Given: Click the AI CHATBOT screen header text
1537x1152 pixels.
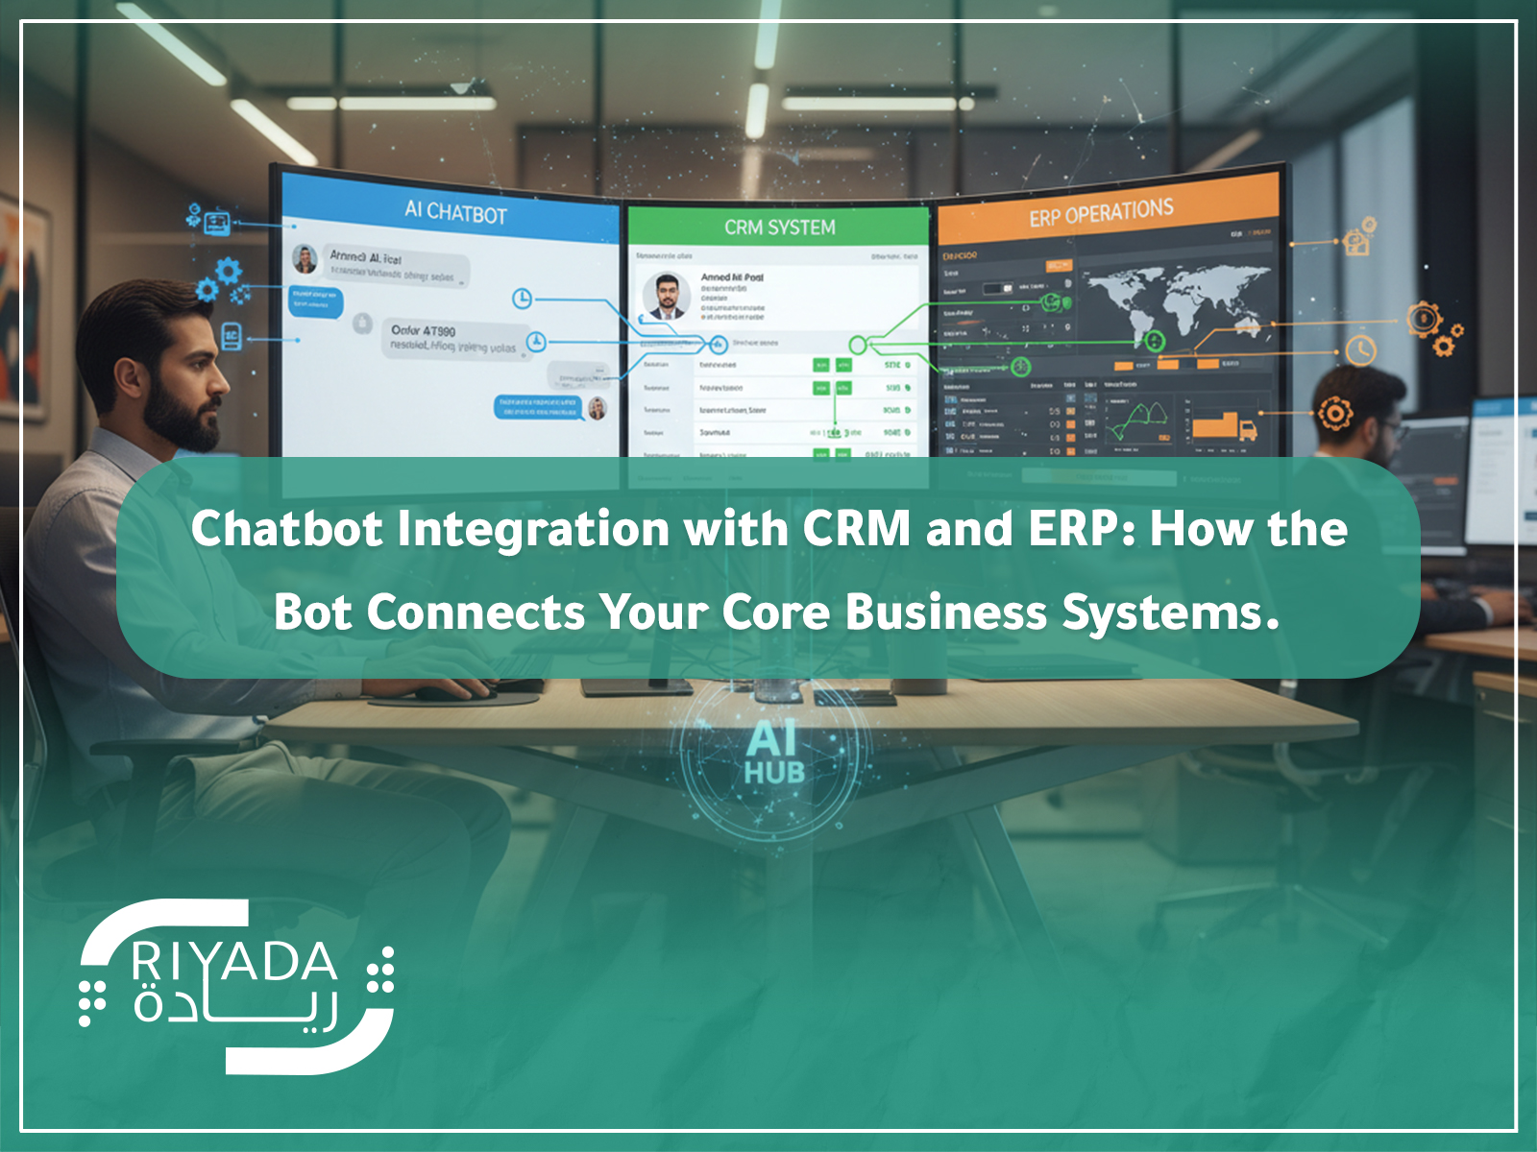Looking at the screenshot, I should [x=454, y=212].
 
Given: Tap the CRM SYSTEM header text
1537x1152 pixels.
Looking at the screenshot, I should [x=779, y=228].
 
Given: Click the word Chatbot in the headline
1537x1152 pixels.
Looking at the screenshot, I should [x=285, y=529].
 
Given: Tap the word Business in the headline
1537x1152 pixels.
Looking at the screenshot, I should [x=945, y=612].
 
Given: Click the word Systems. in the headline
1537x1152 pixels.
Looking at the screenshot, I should [x=1170, y=612].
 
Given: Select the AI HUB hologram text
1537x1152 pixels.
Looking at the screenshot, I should [x=774, y=755].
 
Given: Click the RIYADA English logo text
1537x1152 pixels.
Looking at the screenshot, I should [x=233, y=962].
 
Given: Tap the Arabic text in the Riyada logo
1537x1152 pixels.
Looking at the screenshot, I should [x=235, y=1009].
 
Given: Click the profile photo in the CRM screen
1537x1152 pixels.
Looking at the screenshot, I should [x=667, y=296].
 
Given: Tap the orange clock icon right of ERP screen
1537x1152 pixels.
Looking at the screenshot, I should [x=1360, y=349].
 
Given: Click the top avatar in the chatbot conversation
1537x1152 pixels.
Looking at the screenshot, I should [x=305, y=258].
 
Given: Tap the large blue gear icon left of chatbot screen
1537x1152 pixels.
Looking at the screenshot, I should [x=228, y=271].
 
